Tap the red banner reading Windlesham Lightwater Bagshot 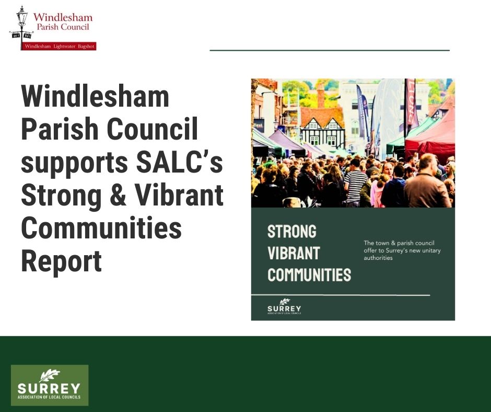pos(59,47)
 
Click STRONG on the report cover pos(292,231)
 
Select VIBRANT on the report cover pos(294,253)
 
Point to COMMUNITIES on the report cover pos(309,274)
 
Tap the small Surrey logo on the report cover pos(284,306)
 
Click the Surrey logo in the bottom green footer pos(50,385)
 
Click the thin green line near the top pos(329,50)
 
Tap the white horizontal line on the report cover pos(340,295)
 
